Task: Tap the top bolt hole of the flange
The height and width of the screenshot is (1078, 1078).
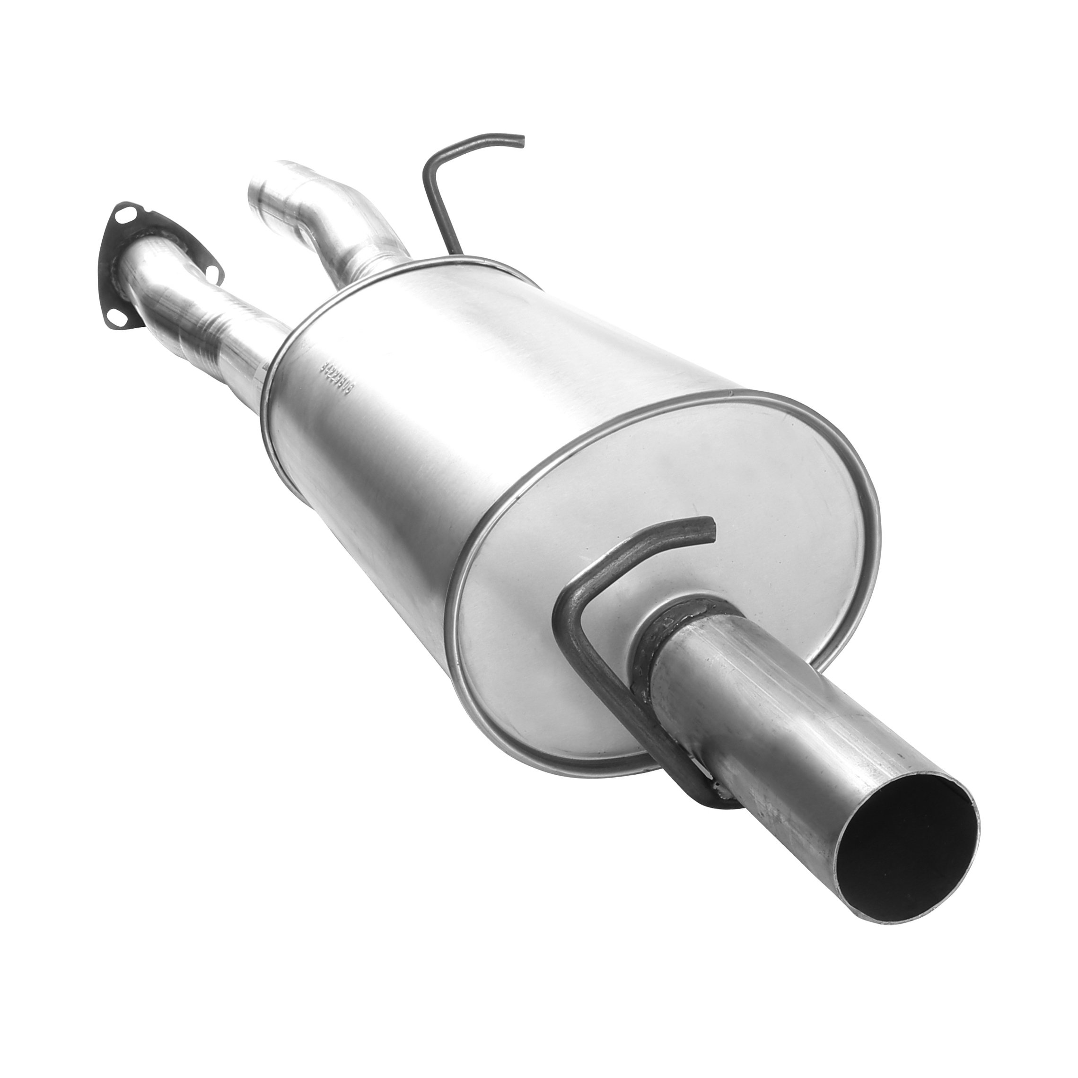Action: tap(121, 211)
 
